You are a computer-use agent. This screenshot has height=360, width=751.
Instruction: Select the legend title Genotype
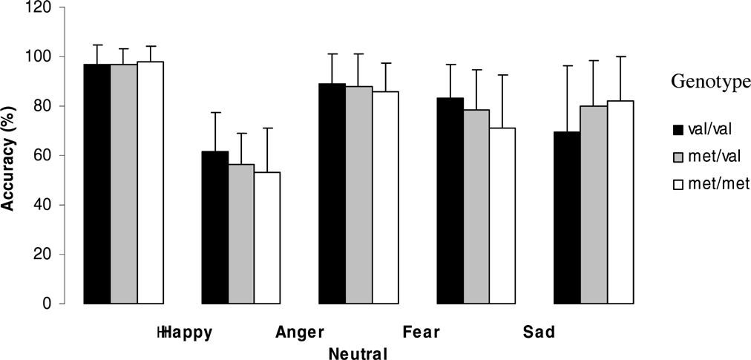[x=710, y=82]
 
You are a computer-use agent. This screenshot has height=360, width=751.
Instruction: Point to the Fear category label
[x=422, y=333]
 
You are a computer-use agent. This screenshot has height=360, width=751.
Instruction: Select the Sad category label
[x=538, y=333]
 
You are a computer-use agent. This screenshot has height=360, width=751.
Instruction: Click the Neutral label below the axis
[x=358, y=354]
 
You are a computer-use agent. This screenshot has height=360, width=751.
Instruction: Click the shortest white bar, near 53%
[x=267, y=238]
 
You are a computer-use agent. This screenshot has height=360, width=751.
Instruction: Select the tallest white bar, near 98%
[x=151, y=183]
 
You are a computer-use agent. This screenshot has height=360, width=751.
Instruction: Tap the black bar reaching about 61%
[x=215, y=227]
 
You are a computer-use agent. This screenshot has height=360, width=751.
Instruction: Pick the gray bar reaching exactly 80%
[x=594, y=205]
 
